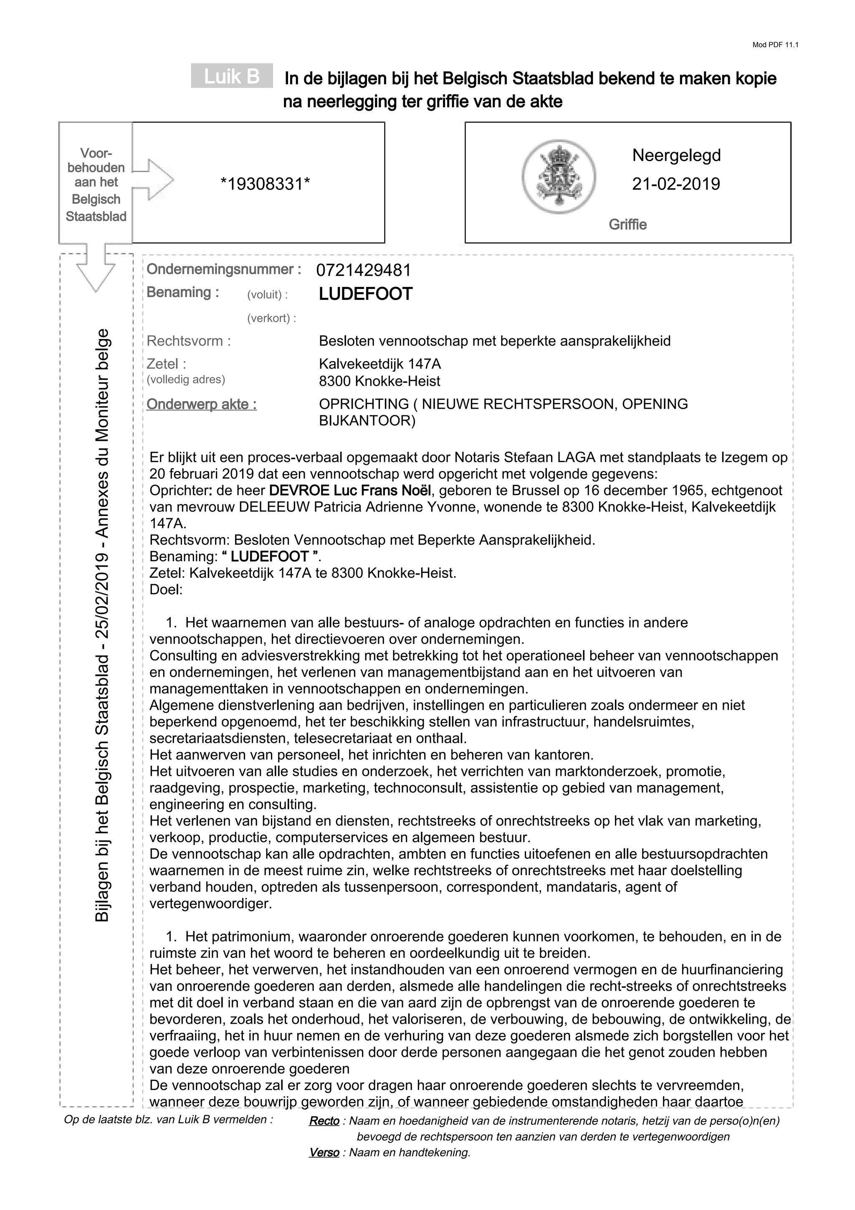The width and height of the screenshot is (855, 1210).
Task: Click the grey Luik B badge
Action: (232, 76)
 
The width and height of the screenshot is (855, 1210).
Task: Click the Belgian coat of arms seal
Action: (559, 176)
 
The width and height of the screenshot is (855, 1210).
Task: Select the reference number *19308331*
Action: (265, 184)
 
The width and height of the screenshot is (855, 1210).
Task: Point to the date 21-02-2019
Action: (676, 184)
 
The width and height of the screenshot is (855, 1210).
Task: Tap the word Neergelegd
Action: (676, 155)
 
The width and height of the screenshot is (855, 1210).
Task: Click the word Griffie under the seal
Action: (627, 225)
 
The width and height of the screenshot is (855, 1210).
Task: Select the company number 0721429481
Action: (364, 271)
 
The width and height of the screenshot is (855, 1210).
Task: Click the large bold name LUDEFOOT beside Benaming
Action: (366, 294)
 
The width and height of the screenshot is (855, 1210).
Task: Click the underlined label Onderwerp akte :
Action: (202, 404)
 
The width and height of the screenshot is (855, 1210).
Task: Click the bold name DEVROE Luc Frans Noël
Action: (350, 491)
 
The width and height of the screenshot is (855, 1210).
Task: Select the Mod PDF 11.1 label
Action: (775, 45)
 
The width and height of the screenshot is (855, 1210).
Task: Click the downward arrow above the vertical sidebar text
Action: (96, 271)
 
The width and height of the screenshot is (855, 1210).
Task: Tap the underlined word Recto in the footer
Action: (324, 1121)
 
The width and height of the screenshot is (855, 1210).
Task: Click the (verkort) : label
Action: (271, 318)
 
